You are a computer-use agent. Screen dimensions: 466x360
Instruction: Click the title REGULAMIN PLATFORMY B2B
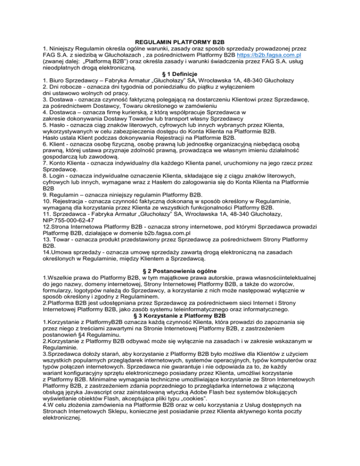click(x=180, y=42)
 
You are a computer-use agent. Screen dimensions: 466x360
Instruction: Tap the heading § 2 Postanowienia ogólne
click(x=180, y=271)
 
